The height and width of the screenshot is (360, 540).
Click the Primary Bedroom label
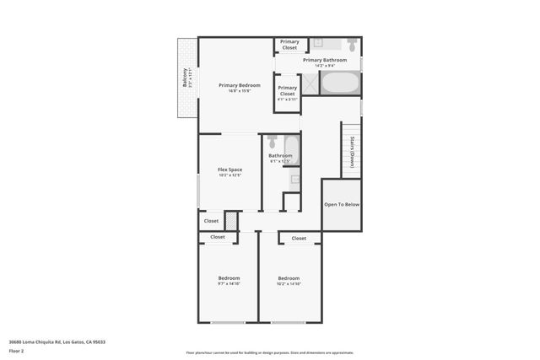click(x=239, y=85)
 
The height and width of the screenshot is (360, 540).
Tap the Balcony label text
click(x=185, y=78)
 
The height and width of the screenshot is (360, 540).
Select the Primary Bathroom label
click(x=325, y=60)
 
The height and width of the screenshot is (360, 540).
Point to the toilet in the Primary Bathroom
click(x=350, y=44)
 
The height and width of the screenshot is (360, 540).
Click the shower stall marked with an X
click(x=310, y=83)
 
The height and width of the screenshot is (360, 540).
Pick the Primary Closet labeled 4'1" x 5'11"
click(x=288, y=91)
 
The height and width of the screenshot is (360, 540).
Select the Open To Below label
click(x=342, y=204)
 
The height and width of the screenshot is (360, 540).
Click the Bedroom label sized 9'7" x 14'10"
click(x=229, y=278)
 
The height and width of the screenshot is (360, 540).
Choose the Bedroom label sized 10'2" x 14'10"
click(x=289, y=278)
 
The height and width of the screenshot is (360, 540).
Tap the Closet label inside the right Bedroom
click(x=299, y=239)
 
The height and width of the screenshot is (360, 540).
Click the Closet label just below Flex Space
click(x=211, y=221)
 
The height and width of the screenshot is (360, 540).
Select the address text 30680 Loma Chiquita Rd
click(x=57, y=341)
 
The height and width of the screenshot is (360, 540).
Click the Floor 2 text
click(x=16, y=351)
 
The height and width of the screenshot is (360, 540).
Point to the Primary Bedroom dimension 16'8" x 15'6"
click(x=239, y=91)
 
